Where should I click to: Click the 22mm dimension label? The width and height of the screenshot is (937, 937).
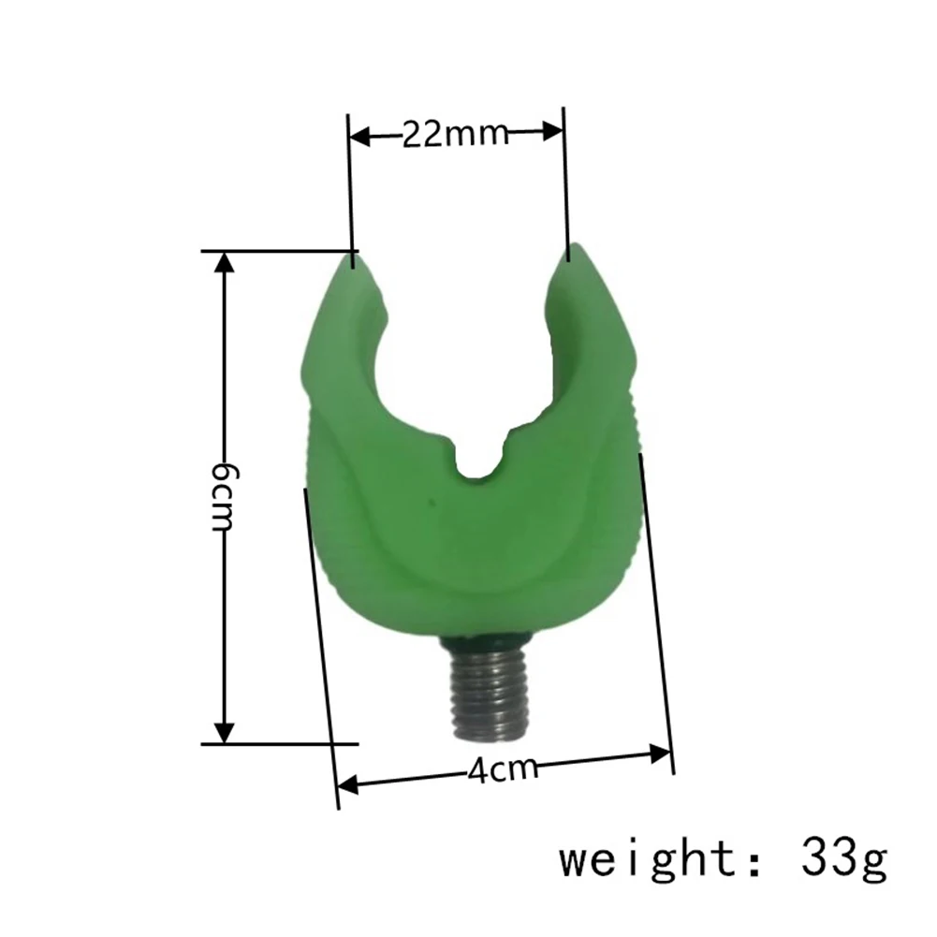point(455,135)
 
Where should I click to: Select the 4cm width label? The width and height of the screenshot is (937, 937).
point(504,769)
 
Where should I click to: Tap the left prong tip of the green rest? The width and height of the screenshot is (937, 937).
point(352,256)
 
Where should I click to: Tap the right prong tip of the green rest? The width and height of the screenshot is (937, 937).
point(572,251)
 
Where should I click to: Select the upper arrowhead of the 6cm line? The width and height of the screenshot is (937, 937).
point(224,266)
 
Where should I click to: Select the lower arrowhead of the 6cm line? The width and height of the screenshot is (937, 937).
point(224,730)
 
